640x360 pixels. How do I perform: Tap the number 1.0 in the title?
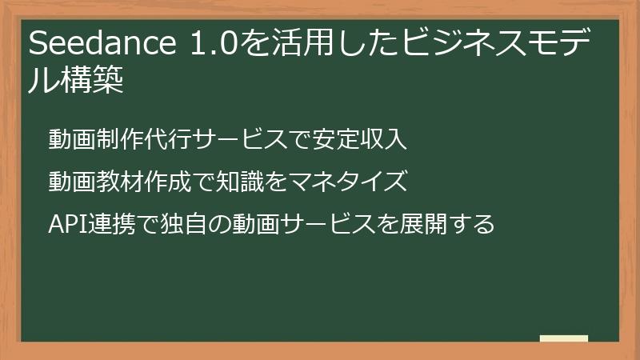click(x=213, y=45)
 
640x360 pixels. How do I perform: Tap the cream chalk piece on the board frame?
click(x=564, y=339)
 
